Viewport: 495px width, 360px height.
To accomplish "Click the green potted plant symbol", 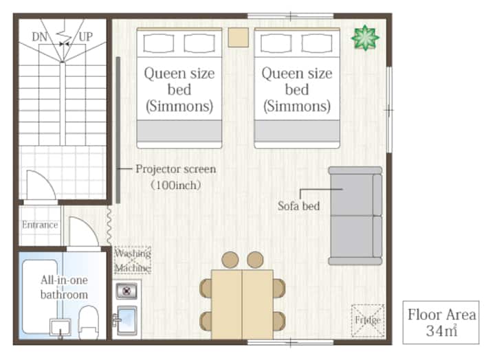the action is coord(365,38).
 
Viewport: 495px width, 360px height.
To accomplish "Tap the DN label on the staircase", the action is coord(39,37).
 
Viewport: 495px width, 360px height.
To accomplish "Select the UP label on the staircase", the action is coord(85,37).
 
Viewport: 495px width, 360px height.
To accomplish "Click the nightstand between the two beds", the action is coord(239,38).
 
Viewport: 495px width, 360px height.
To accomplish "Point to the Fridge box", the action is coord(368,321).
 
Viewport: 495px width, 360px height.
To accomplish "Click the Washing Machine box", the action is coord(133,260).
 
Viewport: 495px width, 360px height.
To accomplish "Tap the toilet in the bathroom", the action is coord(89,322).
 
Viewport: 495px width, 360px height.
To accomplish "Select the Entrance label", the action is coord(40,225).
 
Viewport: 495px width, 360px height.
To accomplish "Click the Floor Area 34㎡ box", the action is coord(441,322).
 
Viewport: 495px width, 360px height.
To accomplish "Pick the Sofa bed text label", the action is coord(298,206).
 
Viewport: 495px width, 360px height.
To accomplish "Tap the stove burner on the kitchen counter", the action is coord(126,291).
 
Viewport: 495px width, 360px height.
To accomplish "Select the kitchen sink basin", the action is coord(127,320).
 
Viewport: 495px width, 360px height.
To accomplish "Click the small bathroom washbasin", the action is coord(60,327).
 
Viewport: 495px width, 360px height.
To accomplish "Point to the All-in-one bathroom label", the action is coord(65,287).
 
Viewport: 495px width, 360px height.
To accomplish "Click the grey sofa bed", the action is coord(355,216).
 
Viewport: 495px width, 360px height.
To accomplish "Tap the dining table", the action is coord(242,304).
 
